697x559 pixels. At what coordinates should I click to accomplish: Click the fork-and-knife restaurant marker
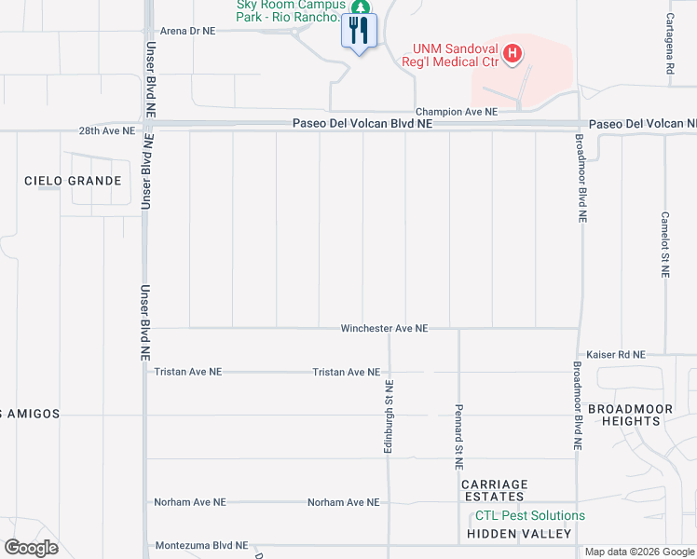(x=360, y=31)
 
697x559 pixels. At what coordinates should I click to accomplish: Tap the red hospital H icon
(x=511, y=54)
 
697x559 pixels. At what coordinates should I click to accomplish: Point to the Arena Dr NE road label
(x=187, y=31)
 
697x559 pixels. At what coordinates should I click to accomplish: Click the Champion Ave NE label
(x=457, y=111)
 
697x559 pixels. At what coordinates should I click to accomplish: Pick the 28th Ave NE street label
(x=107, y=132)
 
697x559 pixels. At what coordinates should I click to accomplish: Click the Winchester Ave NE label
(x=384, y=329)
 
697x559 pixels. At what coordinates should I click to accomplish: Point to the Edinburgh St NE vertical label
(x=389, y=417)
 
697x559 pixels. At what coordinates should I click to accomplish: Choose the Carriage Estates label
(x=495, y=491)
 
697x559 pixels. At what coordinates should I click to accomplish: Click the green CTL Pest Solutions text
(x=530, y=515)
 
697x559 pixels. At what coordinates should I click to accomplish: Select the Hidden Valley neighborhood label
(x=519, y=534)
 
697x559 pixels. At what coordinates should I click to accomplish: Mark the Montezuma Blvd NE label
(x=201, y=546)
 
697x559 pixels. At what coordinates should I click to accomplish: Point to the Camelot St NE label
(x=665, y=244)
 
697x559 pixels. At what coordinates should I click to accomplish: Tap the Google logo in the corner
(x=31, y=548)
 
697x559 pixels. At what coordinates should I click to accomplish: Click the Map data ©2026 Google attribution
(x=638, y=552)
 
